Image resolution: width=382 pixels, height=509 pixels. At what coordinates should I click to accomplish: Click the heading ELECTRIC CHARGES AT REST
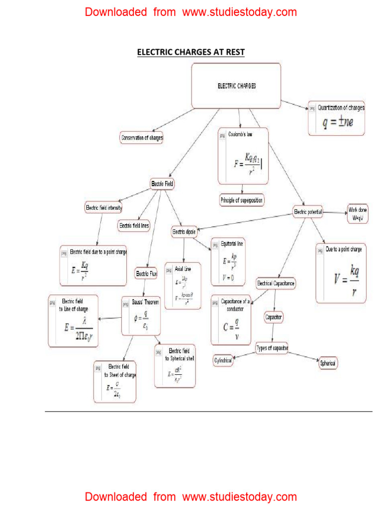click(x=191, y=52)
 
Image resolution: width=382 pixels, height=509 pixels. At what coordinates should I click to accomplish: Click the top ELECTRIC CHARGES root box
click(x=236, y=86)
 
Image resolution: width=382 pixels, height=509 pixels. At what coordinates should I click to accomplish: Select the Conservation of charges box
click(x=142, y=137)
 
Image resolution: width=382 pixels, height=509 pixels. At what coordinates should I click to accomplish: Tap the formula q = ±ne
click(x=337, y=122)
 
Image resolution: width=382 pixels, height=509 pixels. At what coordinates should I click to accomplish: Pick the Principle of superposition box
click(x=242, y=200)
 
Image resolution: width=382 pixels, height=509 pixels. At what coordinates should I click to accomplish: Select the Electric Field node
click(x=163, y=184)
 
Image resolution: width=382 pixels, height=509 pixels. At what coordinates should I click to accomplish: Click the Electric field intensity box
click(x=104, y=207)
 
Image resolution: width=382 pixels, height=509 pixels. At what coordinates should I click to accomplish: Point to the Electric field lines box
click(x=134, y=226)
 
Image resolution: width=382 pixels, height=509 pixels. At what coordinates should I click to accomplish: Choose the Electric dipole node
click(x=184, y=232)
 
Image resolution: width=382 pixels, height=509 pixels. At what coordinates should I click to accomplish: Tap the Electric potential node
click(x=308, y=212)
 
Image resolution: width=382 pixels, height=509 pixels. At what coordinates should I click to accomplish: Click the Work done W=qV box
click(x=358, y=214)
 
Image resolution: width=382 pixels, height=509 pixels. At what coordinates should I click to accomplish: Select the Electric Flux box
click(x=146, y=273)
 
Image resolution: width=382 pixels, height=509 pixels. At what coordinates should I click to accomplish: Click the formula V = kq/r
click(x=347, y=280)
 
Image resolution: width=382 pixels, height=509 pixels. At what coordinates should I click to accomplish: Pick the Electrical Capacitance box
click(x=276, y=283)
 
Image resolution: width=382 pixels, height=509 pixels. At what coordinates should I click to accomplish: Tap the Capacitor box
click(x=274, y=317)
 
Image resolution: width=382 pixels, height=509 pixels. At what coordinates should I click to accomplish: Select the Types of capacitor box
click(x=272, y=347)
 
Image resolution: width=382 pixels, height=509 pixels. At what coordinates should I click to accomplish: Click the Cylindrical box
click(x=223, y=361)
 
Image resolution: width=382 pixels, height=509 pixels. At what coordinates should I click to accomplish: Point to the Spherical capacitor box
click(x=328, y=363)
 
